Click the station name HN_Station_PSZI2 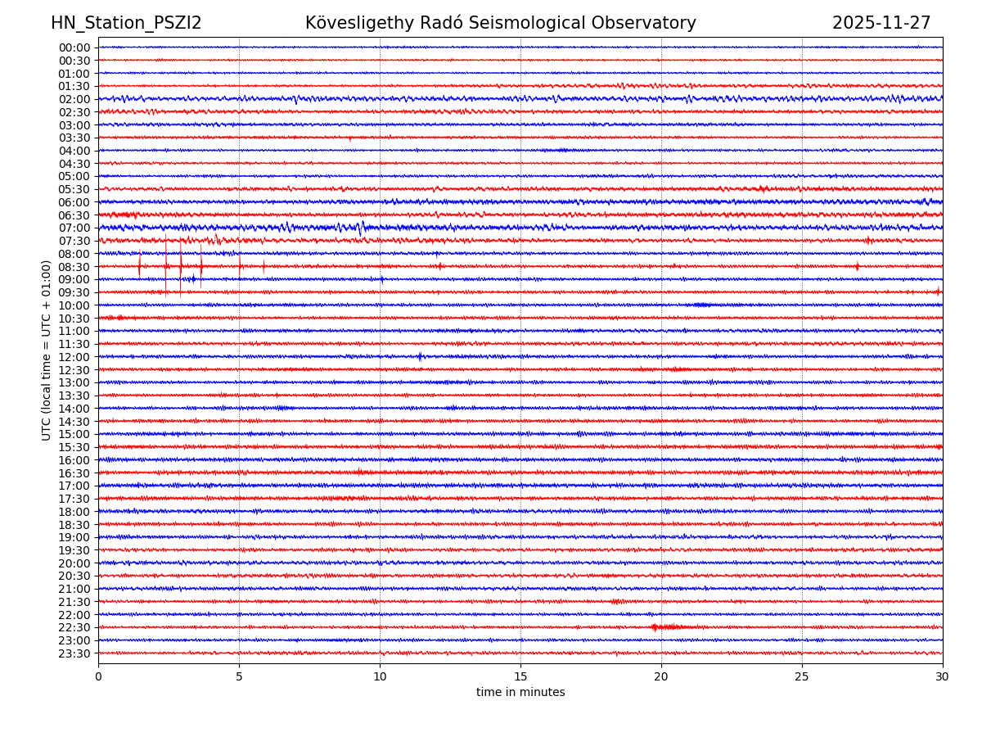(x=126, y=24)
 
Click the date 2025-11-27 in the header (x=881, y=24)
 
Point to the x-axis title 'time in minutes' (x=520, y=693)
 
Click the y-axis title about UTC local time (x=47, y=350)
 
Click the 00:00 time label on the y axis (x=74, y=47)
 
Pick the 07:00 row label (x=74, y=228)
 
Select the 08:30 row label (x=74, y=267)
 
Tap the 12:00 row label (x=74, y=357)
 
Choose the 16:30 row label (x=74, y=473)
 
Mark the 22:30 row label (x=74, y=628)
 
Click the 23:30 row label (x=74, y=653)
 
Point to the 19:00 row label (x=74, y=537)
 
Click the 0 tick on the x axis (x=98, y=677)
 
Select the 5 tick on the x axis (x=239, y=677)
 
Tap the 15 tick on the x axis (x=520, y=677)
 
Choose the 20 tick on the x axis (x=661, y=677)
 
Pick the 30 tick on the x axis (x=943, y=677)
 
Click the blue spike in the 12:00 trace (x=420, y=356)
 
